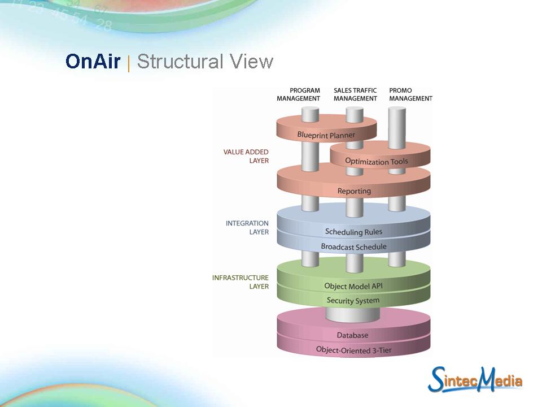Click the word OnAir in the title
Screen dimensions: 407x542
(93, 62)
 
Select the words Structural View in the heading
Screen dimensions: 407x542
(205, 62)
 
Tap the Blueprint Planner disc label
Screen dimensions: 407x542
(326, 135)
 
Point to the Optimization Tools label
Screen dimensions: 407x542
(376, 162)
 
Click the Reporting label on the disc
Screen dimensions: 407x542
(354, 191)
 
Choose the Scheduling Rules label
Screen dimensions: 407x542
(353, 232)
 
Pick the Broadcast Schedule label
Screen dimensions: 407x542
(353, 246)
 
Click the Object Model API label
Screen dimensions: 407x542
(353, 286)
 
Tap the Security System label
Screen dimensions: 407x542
(353, 301)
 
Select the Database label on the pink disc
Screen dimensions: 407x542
(353, 335)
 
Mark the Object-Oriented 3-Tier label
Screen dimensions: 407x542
(353, 350)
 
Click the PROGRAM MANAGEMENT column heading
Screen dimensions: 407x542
(298, 94)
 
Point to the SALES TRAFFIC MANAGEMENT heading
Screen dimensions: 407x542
(355, 94)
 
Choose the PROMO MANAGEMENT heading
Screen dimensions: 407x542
(410, 94)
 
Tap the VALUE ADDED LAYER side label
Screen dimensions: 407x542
(246, 156)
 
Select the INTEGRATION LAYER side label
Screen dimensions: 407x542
(247, 228)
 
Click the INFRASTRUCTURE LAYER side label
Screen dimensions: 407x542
(241, 282)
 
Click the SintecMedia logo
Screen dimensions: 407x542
(475, 379)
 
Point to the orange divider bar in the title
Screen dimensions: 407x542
(129, 63)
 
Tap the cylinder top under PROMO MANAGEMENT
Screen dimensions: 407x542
(397, 108)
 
